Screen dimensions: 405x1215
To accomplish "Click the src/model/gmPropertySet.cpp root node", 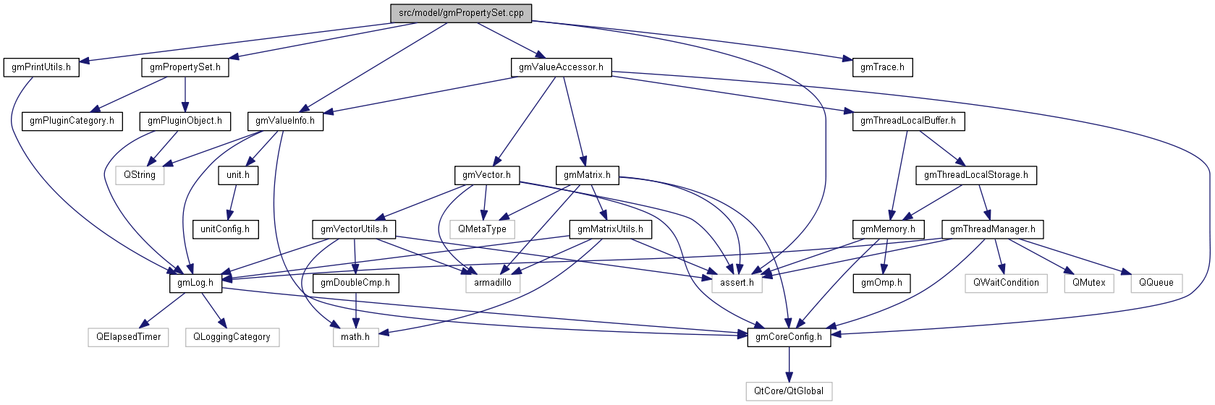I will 461,13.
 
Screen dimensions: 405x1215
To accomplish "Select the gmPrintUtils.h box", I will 41,67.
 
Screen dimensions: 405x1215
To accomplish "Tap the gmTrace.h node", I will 882,67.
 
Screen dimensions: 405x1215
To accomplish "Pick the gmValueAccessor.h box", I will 561,67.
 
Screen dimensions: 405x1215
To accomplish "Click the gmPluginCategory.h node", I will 72,121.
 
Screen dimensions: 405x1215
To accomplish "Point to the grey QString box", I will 140,175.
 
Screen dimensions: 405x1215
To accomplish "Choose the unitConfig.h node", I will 225,229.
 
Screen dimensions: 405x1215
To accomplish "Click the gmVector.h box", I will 486,175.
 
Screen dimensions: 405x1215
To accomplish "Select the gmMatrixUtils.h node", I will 610,229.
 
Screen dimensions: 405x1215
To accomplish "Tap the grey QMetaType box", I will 482,229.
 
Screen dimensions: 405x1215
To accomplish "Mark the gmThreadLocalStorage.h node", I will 975,175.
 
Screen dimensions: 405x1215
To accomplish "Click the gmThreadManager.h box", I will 992,229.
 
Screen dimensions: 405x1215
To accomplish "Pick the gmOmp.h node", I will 881,283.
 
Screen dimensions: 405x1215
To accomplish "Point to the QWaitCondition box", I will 1006,283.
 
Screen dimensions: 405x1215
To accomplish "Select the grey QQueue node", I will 1156,283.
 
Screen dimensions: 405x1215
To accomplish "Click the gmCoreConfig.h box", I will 789,337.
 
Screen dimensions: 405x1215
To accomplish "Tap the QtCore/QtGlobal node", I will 789,391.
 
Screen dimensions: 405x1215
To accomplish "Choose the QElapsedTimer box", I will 129,337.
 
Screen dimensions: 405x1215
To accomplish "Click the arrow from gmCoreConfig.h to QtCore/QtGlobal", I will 789,364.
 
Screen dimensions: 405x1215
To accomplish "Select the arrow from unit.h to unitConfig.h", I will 232,202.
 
